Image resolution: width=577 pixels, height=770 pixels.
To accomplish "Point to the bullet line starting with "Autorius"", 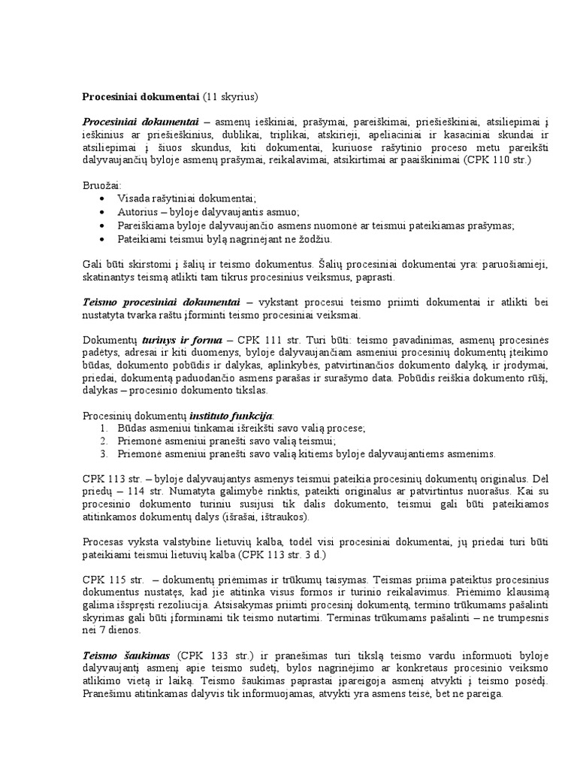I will click(x=208, y=212).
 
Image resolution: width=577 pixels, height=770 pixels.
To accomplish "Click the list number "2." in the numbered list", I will click(x=104, y=441).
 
